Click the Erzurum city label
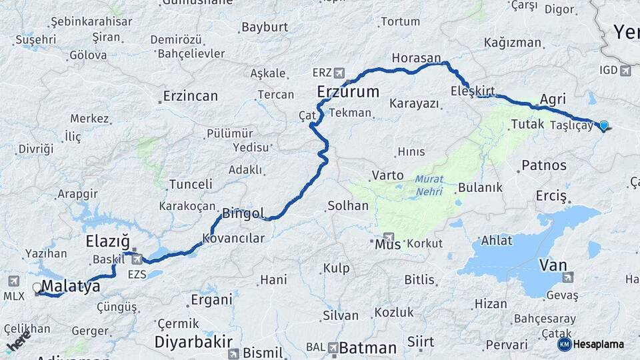tap(348, 91)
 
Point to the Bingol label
tap(243, 214)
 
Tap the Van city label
tap(553, 265)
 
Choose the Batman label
tap(367, 347)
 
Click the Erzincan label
tap(191, 96)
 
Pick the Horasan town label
tap(417, 58)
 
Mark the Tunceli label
tap(191, 184)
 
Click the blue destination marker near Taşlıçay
tap(604, 125)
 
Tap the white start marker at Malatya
tap(37, 288)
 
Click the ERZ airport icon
tap(340, 72)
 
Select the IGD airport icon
tap(625, 70)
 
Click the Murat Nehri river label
tap(429, 185)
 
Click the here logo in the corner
tap(18, 342)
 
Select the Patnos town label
tap(544, 165)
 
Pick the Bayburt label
tap(265, 27)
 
